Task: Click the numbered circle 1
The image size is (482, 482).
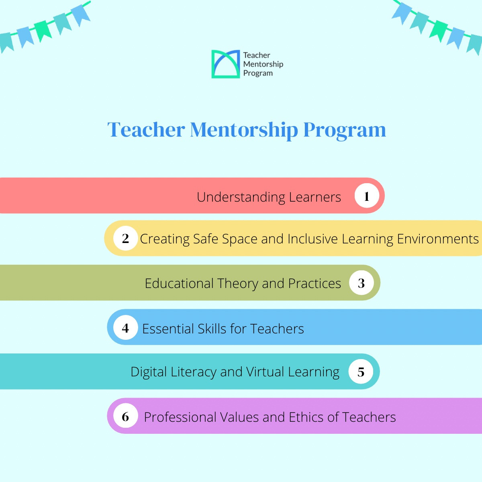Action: tap(367, 196)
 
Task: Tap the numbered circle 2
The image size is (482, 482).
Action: tap(125, 238)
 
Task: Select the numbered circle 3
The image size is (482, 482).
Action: tap(361, 283)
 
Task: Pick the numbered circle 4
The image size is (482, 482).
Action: tap(125, 327)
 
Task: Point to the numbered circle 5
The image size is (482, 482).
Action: tap(361, 372)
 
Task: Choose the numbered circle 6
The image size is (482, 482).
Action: tap(125, 416)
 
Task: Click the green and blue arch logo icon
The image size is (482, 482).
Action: tap(226, 64)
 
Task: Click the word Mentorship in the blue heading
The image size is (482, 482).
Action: tap(244, 130)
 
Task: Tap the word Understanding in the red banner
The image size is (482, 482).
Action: tap(241, 198)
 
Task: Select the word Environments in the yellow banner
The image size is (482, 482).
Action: tap(438, 239)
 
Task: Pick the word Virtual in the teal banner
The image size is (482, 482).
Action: tap(265, 372)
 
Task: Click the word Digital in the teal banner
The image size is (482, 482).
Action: tap(149, 372)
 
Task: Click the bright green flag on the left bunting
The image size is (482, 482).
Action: tap(43, 31)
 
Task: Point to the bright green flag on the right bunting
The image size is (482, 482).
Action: tap(439, 31)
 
